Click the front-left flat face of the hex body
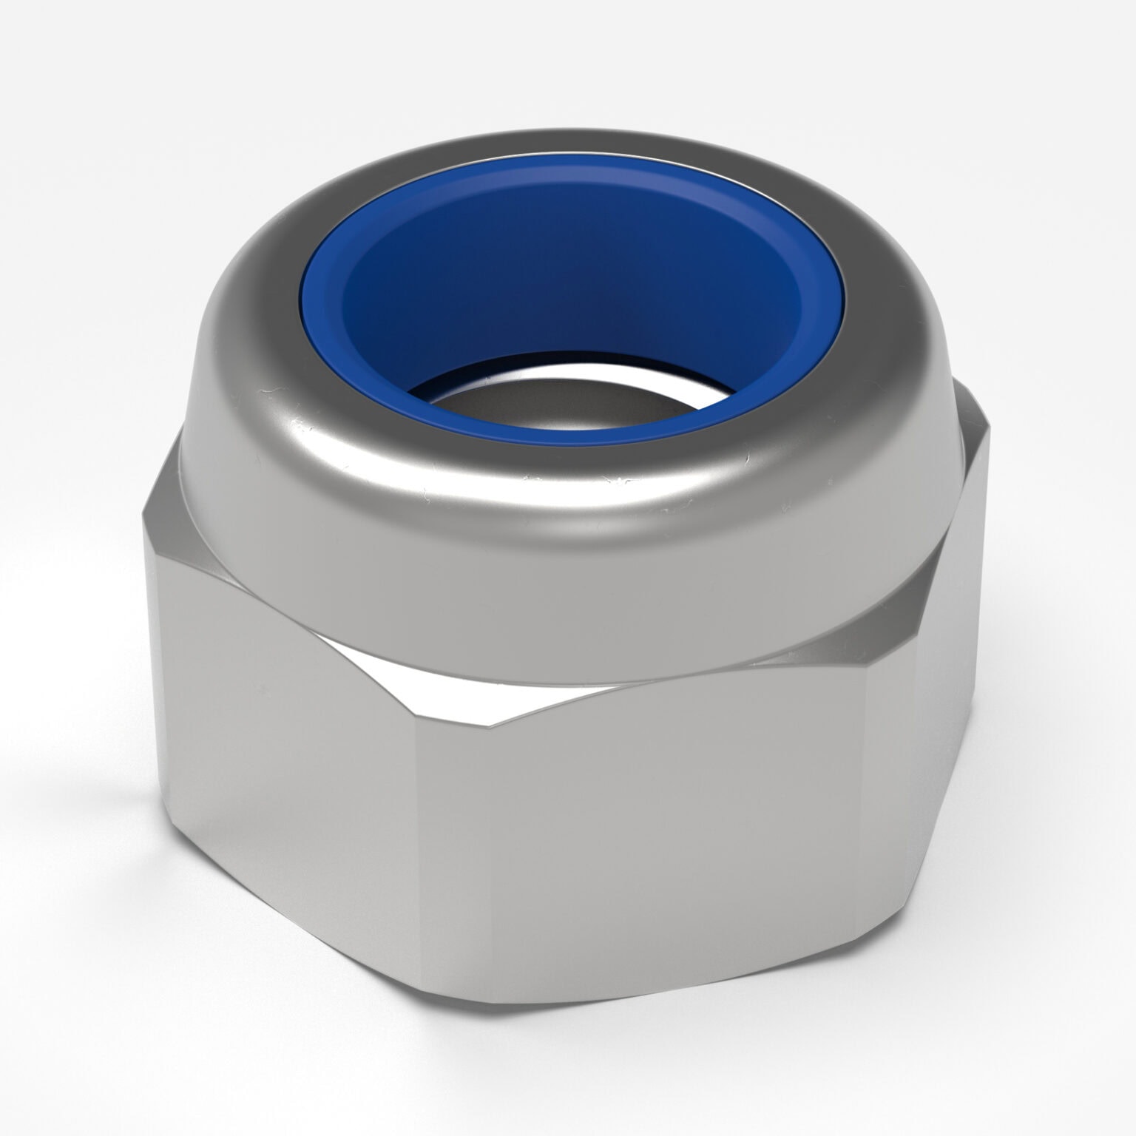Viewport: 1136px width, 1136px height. (x=296, y=777)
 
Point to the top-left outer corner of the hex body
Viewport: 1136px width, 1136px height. (x=143, y=518)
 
